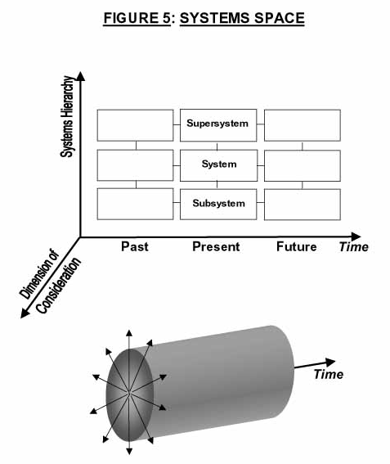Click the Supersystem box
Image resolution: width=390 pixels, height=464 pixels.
tap(218, 125)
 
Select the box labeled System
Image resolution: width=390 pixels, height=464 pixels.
tap(218, 165)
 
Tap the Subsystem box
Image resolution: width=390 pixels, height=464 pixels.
tap(218, 205)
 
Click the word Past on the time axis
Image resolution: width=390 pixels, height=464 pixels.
tap(135, 246)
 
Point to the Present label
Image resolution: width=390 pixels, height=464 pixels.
tap(216, 246)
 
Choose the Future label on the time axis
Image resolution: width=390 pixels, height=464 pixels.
tap(296, 246)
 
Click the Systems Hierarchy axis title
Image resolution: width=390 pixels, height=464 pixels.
tap(67, 116)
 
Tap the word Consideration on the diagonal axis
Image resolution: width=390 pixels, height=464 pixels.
tap(59, 286)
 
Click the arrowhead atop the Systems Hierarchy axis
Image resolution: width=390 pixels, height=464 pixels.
tap(80, 76)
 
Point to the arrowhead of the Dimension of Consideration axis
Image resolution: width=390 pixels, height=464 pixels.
tap(25, 313)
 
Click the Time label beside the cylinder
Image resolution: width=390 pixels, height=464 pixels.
tap(328, 374)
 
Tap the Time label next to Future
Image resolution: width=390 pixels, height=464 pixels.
tap(354, 247)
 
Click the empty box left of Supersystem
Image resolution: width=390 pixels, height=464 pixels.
tap(135, 125)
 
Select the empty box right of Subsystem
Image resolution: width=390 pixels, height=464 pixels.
tap(303, 205)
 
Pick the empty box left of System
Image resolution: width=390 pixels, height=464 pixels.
tap(135, 165)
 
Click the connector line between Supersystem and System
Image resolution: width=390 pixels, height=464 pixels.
tap(217, 146)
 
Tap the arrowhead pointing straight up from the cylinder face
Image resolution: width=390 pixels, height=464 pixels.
tap(129, 334)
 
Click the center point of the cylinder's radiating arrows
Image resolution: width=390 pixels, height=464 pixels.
tap(129, 393)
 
